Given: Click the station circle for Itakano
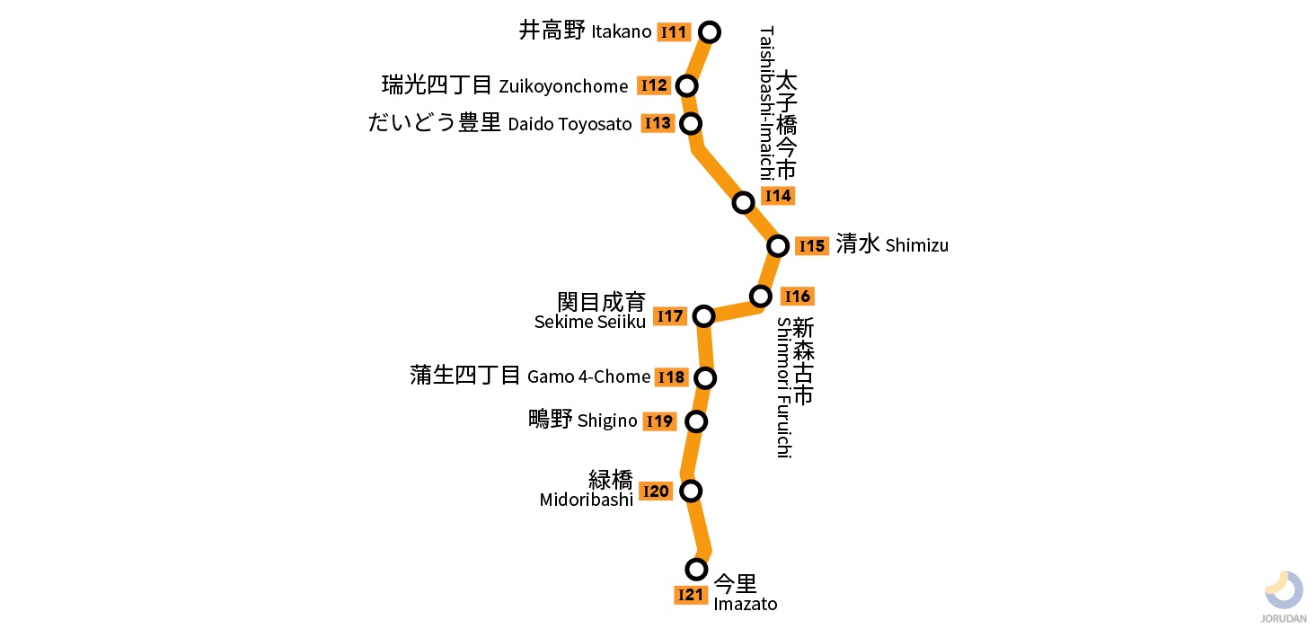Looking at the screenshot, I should (x=710, y=32).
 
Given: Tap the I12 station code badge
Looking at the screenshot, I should (x=654, y=85).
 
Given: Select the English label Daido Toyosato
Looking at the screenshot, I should (x=570, y=124).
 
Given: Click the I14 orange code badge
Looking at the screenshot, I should (x=777, y=196).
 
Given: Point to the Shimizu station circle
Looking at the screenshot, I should (x=778, y=245).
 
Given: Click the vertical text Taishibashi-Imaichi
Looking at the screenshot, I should (x=765, y=103).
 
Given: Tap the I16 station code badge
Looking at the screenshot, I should (x=797, y=296).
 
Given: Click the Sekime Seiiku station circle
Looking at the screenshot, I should (x=704, y=315).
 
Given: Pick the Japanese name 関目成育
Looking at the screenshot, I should (x=601, y=302).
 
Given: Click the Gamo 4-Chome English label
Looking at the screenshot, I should (x=588, y=377).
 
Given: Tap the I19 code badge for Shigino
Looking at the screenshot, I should (x=659, y=421).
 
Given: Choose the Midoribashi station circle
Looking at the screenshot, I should (x=690, y=491).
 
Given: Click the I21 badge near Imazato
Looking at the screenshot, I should (x=690, y=595).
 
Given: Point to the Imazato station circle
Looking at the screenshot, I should (x=696, y=569).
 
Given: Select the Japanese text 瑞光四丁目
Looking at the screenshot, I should (x=437, y=85).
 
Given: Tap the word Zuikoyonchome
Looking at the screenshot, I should (x=563, y=86).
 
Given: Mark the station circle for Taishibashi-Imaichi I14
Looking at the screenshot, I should (x=743, y=202).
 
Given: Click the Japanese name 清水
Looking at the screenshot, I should (x=857, y=244).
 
